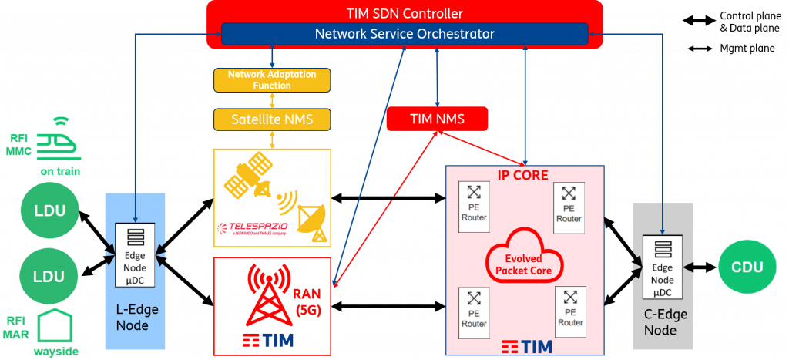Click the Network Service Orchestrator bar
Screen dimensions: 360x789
[x=405, y=34]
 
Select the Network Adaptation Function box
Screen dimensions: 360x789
[x=272, y=79]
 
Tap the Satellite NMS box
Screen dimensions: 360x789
[x=272, y=119]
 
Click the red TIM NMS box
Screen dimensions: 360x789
[x=437, y=119]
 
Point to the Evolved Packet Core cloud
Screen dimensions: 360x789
[x=523, y=263]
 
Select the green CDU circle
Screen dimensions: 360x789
[x=747, y=267]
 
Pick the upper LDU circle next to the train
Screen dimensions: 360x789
[x=49, y=210]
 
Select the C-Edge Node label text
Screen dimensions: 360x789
[x=665, y=322]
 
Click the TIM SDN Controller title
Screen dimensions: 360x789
[x=404, y=13]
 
